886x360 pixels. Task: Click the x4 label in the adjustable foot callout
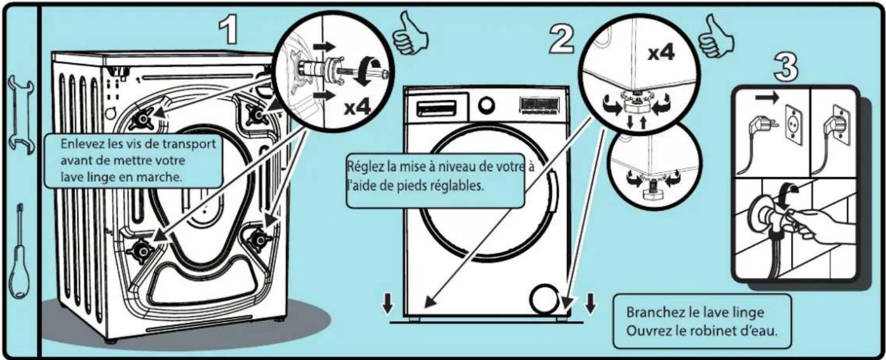click(661, 53)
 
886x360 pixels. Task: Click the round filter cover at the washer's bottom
click(544, 301)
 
